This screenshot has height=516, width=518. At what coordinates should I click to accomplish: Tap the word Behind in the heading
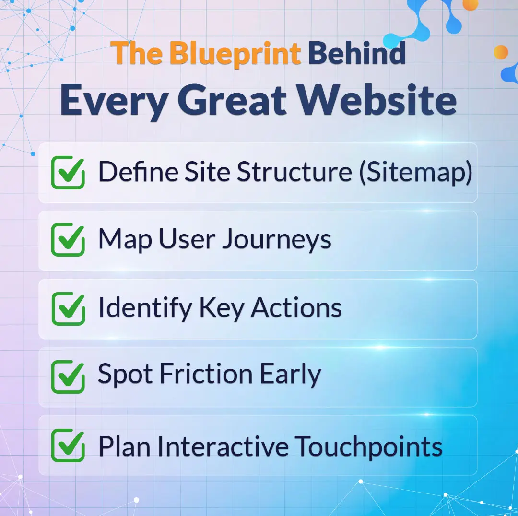coord(357,53)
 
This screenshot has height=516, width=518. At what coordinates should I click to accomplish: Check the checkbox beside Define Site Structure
coord(68,173)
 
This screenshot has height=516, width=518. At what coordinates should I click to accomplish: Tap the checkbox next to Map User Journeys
coord(68,241)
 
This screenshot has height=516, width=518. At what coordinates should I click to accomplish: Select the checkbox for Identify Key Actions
coord(68,309)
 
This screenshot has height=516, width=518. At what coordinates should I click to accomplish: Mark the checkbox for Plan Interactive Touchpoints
coord(68,446)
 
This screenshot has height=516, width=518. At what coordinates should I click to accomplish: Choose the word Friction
coord(204,375)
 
